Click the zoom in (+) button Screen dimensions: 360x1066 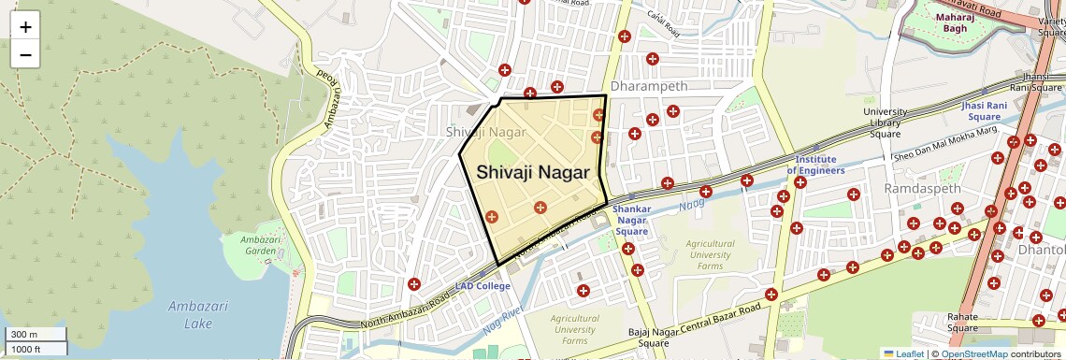click(25, 27)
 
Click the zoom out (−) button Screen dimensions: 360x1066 click(25, 54)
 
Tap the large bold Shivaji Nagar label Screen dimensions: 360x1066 click(533, 173)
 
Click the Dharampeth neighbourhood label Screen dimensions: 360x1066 click(649, 86)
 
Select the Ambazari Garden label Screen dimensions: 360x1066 click(257, 244)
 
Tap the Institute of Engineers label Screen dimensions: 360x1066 click(815, 165)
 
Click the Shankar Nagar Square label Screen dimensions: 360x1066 click(631, 220)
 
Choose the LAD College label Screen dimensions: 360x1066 click(483, 285)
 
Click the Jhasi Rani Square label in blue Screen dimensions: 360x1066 click(984, 111)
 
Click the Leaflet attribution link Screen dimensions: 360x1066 click(903, 353)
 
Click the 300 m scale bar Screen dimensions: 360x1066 click(36, 335)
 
